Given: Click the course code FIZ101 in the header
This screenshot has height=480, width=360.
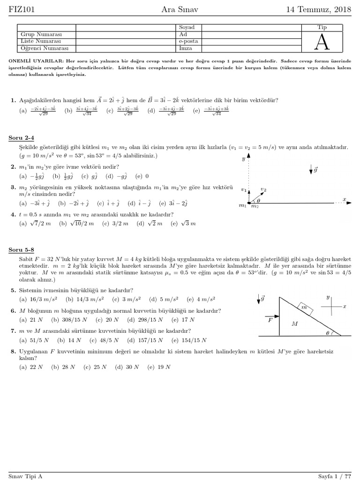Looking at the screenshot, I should tap(22, 9).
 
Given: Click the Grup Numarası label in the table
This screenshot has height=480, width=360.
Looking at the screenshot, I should tap(41, 35).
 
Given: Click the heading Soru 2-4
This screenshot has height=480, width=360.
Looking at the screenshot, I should tap(22, 138).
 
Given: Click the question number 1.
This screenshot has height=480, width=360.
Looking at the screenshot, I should tap(13, 100).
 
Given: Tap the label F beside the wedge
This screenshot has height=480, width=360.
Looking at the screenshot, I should tap(270, 321).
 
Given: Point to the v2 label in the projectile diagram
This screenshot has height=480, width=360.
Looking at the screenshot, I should tap(264, 189).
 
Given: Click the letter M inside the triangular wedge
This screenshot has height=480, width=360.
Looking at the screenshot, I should tap(295, 323).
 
